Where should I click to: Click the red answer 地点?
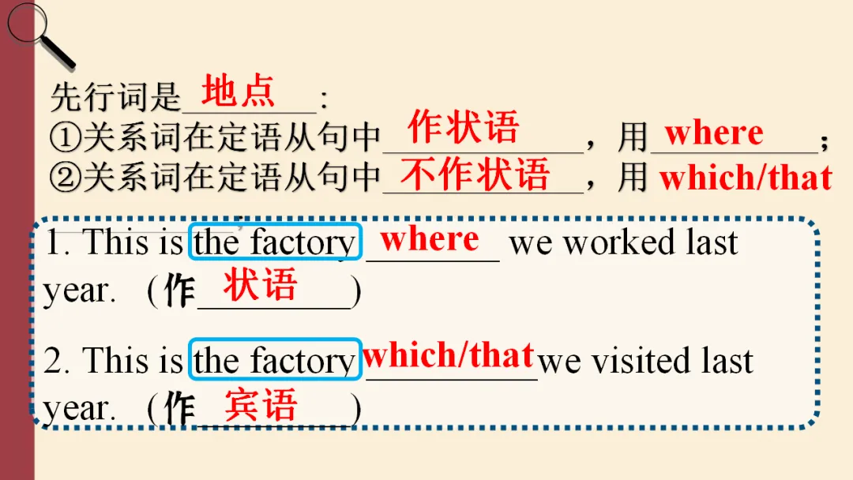238,92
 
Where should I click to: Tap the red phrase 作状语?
463,128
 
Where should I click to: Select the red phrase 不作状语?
475,174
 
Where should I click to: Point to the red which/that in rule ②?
746,178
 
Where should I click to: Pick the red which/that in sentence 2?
448,356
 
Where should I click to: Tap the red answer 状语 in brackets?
260,285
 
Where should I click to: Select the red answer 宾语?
261,404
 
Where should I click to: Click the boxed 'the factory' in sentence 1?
275,243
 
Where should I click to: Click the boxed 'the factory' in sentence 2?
275,362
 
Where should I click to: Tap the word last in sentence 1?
712,242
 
